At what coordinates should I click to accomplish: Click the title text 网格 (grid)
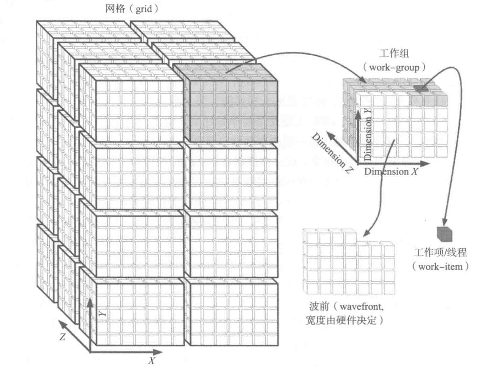point(132,9)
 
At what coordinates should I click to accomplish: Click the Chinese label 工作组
point(394,53)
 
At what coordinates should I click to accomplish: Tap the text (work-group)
point(394,67)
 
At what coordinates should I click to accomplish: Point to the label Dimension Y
point(368,135)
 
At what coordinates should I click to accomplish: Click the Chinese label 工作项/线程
point(440,252)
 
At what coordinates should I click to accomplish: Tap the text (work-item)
point(440,267)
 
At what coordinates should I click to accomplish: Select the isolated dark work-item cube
point(445,234)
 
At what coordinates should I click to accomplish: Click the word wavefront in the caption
point(361,306)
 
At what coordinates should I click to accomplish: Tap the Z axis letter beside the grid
point(62,337)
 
